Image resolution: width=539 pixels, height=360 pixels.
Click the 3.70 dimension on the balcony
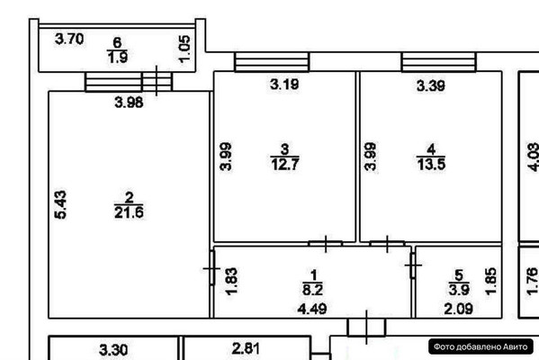tap(69, 39)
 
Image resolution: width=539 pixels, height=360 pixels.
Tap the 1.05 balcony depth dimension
tap(184, 49)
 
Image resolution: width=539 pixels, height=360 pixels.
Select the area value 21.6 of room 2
tap(129, 212)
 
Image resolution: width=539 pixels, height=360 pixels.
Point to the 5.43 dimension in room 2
tap(60, 204)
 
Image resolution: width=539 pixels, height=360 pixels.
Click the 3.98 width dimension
tap(129, 102)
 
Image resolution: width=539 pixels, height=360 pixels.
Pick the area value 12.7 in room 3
tap(285, 164)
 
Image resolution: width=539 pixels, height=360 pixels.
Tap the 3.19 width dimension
tap(284, 85)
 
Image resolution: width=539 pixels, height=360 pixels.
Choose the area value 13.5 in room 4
tap(431, 164)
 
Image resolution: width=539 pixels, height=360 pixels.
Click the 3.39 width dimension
tap(431, 85)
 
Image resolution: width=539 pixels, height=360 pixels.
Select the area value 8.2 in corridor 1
tap(312, 290)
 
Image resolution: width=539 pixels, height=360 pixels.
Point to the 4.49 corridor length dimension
tap(312, 309)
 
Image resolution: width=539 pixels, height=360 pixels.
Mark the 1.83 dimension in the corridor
tap(231, 282)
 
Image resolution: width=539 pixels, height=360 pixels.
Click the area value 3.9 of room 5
tap(459, 290)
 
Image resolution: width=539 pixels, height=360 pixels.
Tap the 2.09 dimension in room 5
tap(459, 309)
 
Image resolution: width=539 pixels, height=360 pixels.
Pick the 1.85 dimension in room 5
tap(491, 282)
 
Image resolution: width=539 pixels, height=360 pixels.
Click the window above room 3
tap(272, 62)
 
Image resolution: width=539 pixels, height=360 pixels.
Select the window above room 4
tap(439, 62)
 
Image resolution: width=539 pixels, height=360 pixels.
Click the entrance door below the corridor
tap(366, 327)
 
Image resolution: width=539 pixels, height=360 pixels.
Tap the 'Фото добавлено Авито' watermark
tap(481, 346)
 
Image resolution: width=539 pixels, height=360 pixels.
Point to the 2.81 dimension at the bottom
tap(247, 348)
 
